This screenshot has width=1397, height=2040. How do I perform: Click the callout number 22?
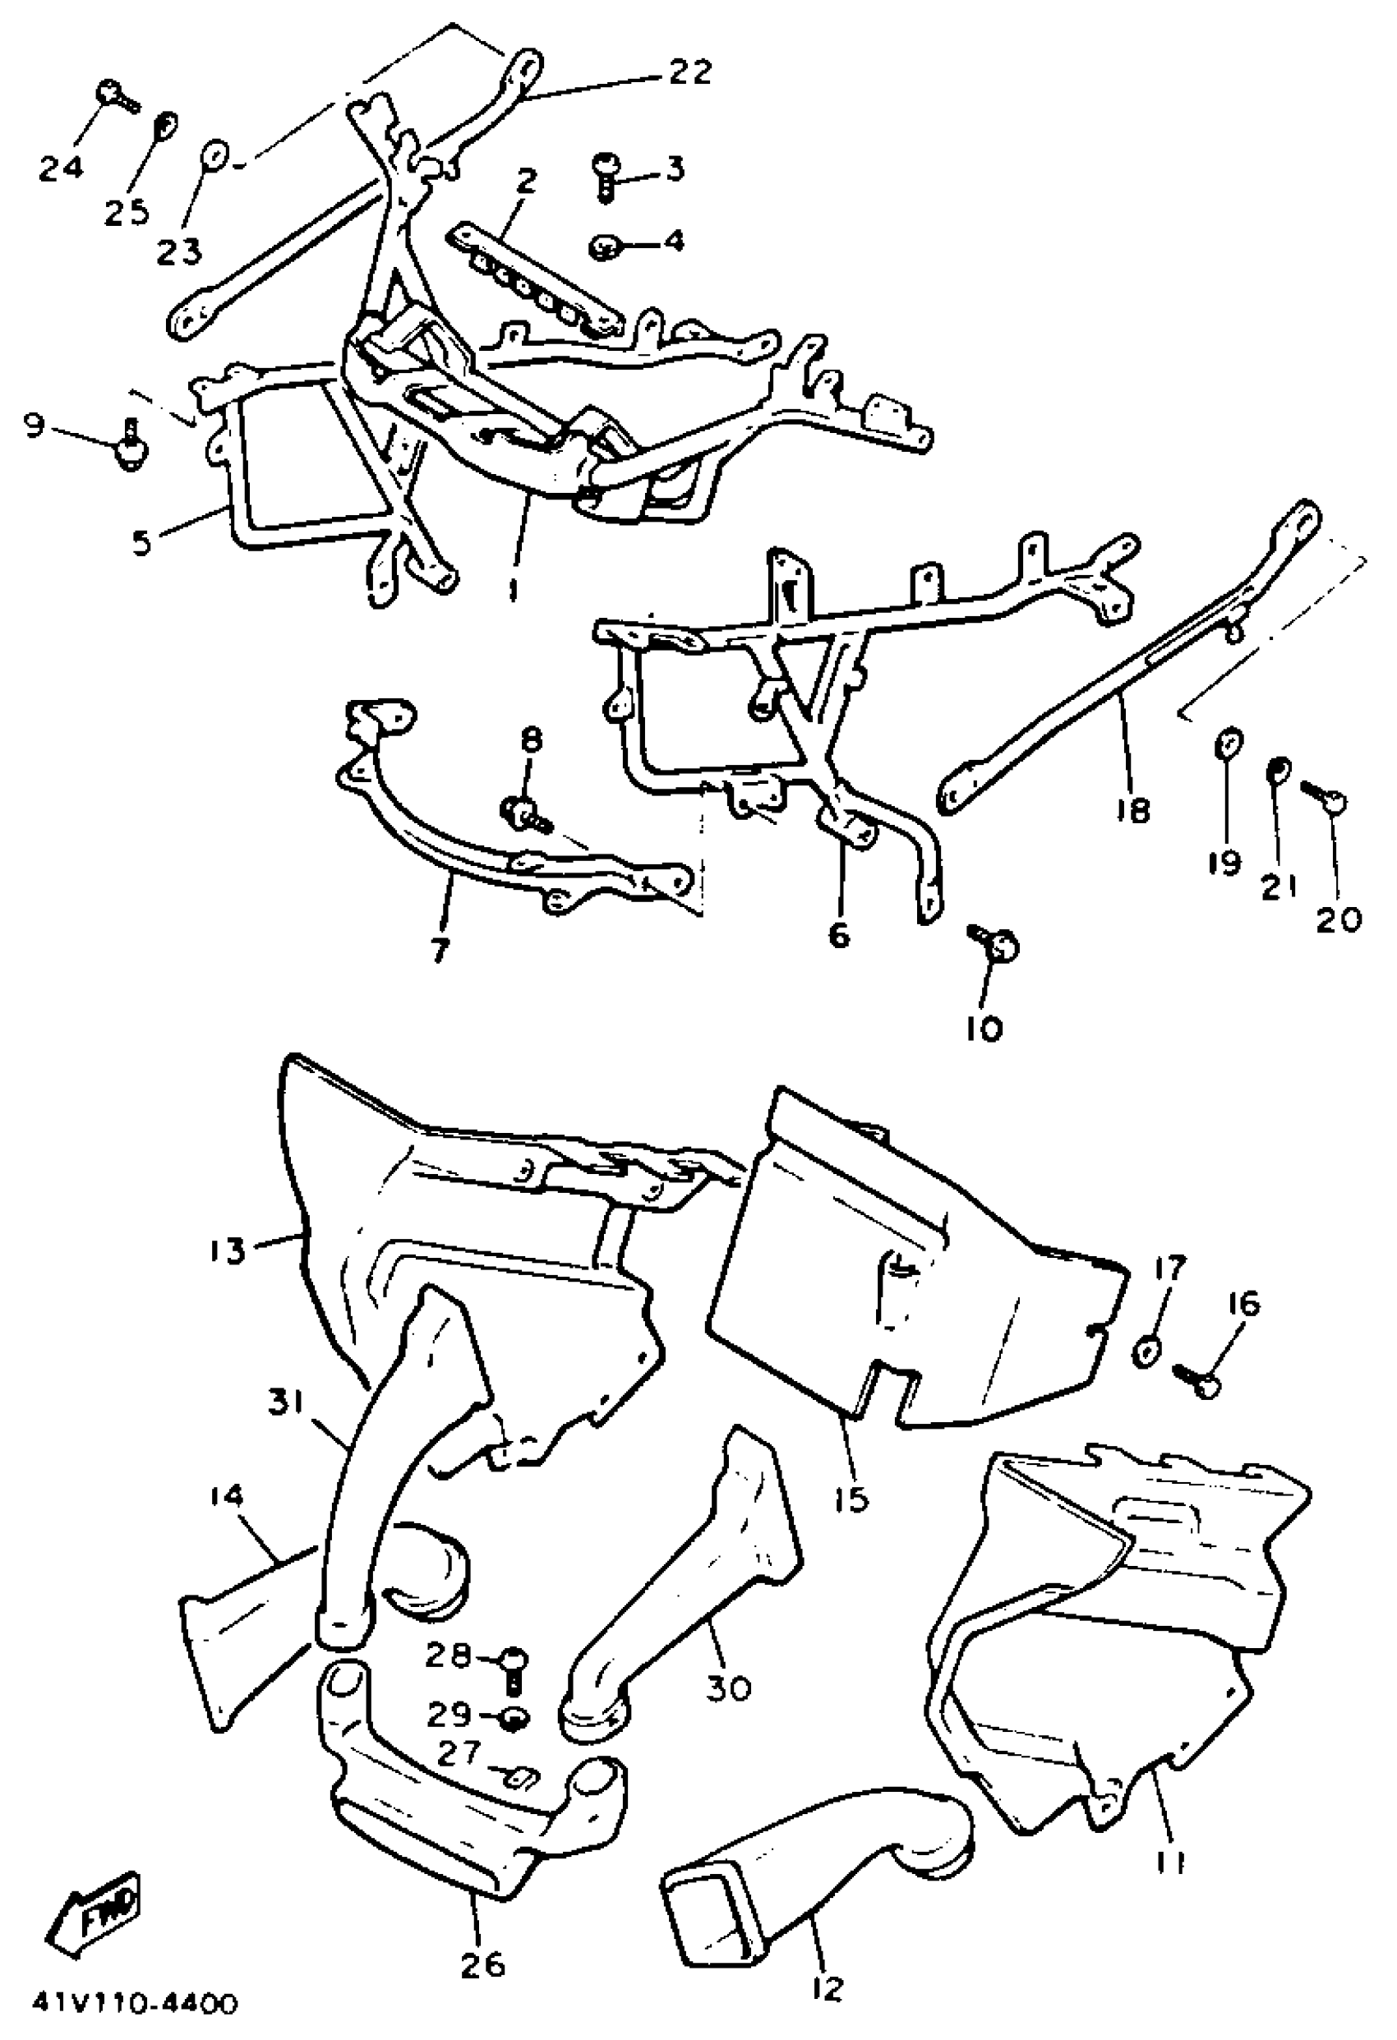689,73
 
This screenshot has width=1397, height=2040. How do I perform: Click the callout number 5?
141,542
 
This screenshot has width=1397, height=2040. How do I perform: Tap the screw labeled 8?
525,811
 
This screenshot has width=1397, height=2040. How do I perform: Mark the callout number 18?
1132,810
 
